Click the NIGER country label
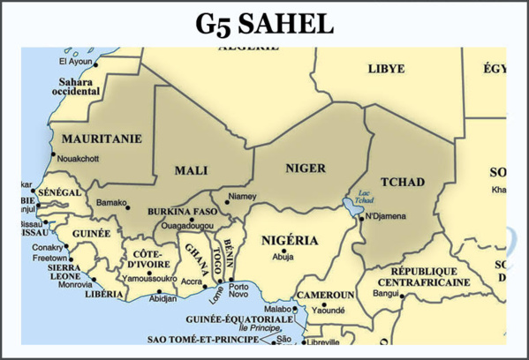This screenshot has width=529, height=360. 306,167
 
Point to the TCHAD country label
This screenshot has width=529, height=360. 405,182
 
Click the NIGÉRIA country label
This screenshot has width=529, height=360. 291,240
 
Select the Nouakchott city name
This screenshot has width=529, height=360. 78,158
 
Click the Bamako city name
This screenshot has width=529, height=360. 111,202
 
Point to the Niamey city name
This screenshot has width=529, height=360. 243,196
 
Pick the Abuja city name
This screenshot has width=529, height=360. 283,258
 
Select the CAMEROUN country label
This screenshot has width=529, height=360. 325,294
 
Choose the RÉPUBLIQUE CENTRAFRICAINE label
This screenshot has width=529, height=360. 424,276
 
